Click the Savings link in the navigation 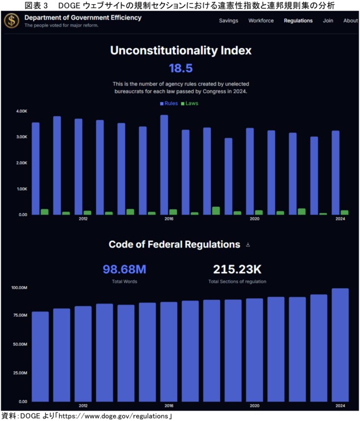click(228, 21)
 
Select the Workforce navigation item click(261, 21)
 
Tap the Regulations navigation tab click(298, 21)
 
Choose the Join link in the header click(328, 21)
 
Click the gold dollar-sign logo click(11, 21)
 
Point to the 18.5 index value click(180, 68)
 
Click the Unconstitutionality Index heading click(181, 51)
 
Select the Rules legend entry click(169, 103)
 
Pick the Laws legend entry click(190, 103)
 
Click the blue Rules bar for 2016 click(164, 164)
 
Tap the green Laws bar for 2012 click(87, 213)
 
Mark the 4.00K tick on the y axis click(21, 111)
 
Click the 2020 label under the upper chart click(254, 218)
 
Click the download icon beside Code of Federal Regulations click(248, 245)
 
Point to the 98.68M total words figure click(124, 269)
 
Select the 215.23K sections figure click(237, 269)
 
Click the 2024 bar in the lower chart click(340, 344)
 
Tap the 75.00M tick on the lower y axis click(19, 316)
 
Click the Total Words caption click(124, 281)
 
